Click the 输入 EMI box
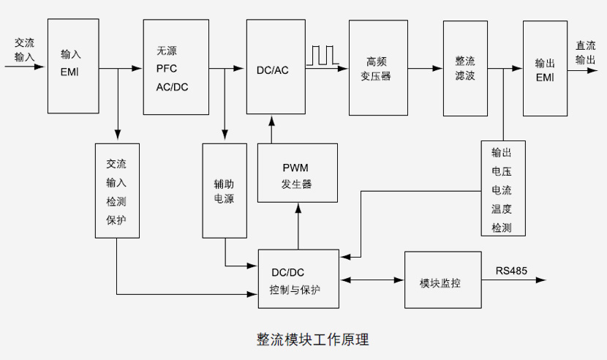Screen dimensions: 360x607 (x=73, y=66)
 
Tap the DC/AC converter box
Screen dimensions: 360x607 (x=275, y=67)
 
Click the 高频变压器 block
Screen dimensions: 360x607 (x=377, y=68)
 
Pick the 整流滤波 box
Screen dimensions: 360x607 (x=464, y=68)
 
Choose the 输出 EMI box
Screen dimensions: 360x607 (x=545, y=68)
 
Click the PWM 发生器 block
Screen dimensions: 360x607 (x=298, y=173)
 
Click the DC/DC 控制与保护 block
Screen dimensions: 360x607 (x=298, y=279)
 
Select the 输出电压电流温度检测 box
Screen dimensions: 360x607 (x=502, y=188)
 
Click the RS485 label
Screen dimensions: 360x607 (x=511, y=270)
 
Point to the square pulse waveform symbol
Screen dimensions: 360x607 (x=323, y=56)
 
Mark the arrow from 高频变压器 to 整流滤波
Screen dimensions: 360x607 (x=425, y=69)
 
